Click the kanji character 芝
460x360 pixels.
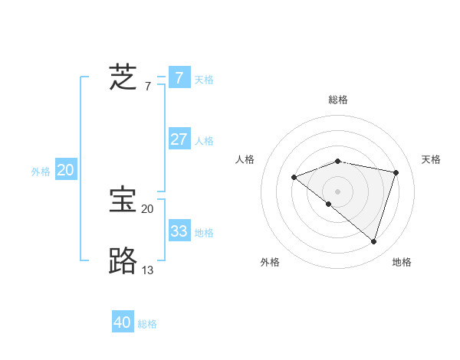[123, 77]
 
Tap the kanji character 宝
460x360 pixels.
[123, 200]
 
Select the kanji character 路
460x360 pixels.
[123, 261]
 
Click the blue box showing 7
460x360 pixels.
[179, 78]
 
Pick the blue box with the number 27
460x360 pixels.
[179, 139]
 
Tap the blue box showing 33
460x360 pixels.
[179, 231]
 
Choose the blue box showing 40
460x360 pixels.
[122, 322]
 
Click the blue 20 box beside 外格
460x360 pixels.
[65, 170]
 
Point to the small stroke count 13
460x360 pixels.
[148, 270]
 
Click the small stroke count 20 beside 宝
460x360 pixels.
[147, 208]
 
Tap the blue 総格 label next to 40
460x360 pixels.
[147, 324]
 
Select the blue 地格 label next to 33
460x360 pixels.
[204, 232]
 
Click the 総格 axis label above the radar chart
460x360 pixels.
[337, 100]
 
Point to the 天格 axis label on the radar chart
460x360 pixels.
[431, 159]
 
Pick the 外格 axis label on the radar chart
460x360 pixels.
[270, 262]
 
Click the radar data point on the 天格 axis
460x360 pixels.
[396, 172]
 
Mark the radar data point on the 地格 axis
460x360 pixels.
[373, 241]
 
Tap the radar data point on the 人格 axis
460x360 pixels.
[294, 177]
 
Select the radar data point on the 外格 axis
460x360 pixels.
[328, 204]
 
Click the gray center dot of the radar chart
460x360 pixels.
[337, 191]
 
